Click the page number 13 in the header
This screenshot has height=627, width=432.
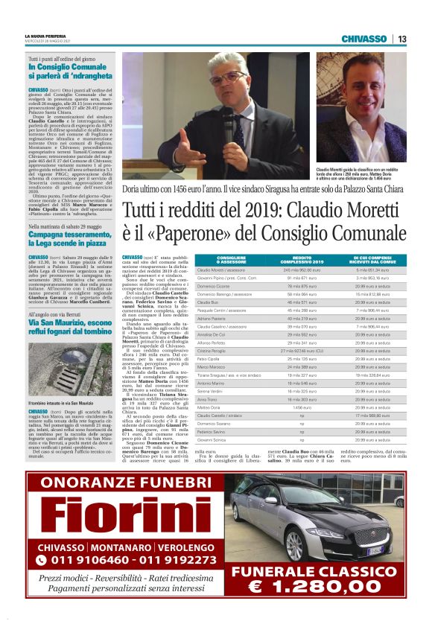401,39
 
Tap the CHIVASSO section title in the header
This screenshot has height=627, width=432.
363,39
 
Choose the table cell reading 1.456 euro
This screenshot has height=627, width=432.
297,408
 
